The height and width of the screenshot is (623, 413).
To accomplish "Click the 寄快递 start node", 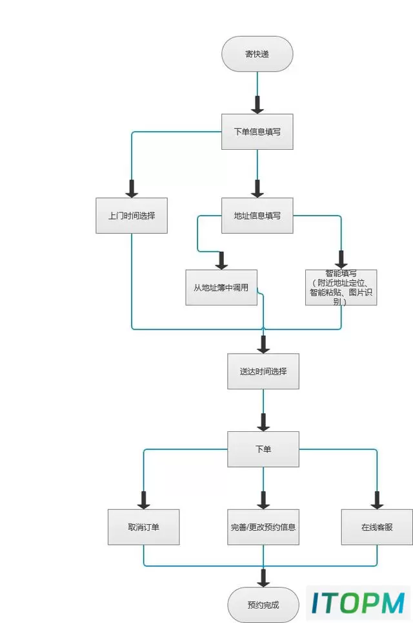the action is click(257, 54).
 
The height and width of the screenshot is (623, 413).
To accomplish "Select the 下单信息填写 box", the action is click(257, 132).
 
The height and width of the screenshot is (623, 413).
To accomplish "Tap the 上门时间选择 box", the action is click(132, 216).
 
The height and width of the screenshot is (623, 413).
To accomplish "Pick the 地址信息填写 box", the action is click(257, 216).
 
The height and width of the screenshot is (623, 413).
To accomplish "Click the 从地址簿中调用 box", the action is click(221, 288).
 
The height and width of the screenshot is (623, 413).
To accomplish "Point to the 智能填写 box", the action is click(341, 288).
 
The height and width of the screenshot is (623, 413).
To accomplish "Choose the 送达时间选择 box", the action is click(263, 371).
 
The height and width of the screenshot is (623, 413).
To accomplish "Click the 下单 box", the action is click(263, 449).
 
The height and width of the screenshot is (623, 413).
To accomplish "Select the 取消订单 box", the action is click(143, 527).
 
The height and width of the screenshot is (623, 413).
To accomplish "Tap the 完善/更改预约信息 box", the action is click(263, 527).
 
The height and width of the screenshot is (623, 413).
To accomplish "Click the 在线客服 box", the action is click(377, 527).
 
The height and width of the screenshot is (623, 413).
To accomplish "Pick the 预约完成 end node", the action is click(263, 605).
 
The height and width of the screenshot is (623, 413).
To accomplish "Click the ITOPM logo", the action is click(358, 603).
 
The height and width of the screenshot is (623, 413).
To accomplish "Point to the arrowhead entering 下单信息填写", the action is click(257, 105).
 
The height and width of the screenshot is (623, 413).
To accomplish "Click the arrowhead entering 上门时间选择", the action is click(132, 189).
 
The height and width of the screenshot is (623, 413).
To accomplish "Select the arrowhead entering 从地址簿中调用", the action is click(221, 261).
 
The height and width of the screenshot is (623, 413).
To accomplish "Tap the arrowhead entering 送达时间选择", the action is click(263, 345).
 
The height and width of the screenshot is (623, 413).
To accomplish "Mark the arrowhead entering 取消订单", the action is click(143, 500).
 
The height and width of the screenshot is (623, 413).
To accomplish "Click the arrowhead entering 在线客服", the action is click(377, 500).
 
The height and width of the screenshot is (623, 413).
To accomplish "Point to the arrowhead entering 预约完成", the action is click(263, 578).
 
